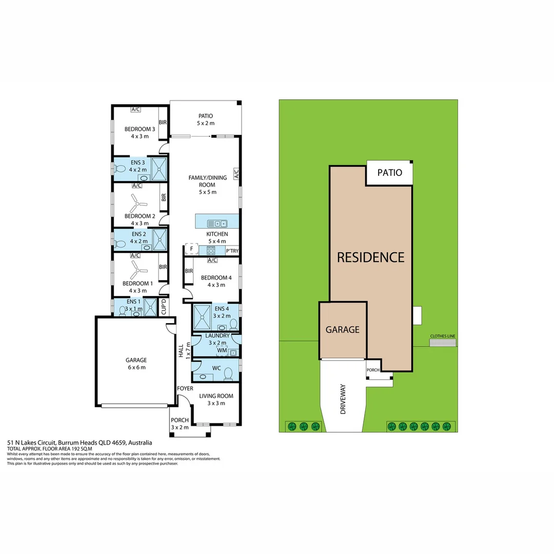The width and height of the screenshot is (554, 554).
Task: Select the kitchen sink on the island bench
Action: click(217, 223)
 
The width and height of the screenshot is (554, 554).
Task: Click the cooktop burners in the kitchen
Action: click(211, 250)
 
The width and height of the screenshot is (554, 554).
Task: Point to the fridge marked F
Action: click(191, 249)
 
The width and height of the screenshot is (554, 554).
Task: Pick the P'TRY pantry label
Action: click(232, 251)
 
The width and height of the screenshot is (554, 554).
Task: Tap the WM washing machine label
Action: click(222, 350)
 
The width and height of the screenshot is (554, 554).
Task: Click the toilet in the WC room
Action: click(228, 374)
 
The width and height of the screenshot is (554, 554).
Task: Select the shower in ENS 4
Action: click(202, 318)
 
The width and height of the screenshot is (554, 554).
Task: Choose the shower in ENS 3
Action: click(159, 169)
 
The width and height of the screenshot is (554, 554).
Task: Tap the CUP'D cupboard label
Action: click(163, 307)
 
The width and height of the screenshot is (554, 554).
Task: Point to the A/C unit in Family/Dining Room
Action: click(236, 174)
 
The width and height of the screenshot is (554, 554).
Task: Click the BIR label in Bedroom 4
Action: click(189, 271)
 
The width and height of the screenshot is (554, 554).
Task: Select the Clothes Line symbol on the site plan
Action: click(443, 342)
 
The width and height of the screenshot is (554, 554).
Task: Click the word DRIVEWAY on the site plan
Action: click(343, 399)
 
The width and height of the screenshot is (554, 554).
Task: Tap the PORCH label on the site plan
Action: click(373, 370)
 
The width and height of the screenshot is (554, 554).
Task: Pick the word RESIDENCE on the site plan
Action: click(371, 257)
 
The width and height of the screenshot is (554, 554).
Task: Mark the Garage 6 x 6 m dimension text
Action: click(136, 367)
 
